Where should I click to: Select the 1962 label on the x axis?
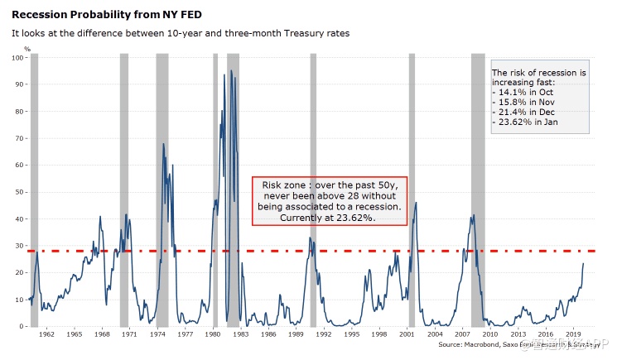[46, 334]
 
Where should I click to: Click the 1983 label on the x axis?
[240, 334]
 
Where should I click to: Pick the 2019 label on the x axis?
[572, 334]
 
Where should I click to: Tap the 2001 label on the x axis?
[407, 334]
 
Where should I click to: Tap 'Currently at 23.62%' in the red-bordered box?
[330, 217]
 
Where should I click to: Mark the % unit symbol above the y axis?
[27, 49]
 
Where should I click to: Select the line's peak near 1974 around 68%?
[163, 144]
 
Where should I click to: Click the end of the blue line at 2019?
[583, 263]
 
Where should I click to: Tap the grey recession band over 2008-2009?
[478, 190]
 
